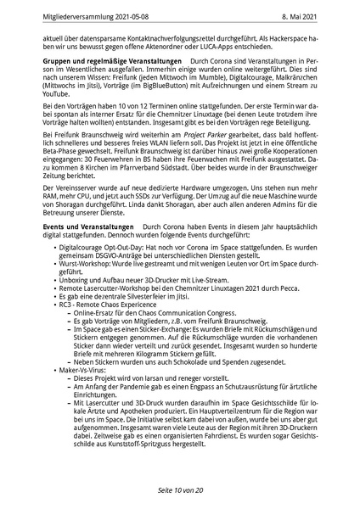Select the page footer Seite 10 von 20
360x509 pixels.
179,490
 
